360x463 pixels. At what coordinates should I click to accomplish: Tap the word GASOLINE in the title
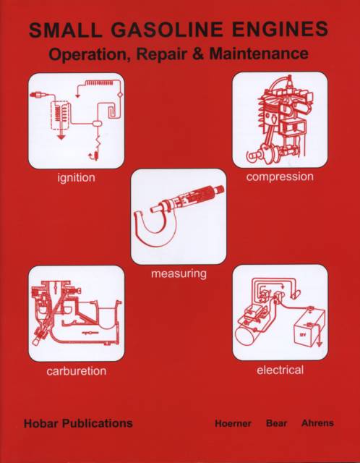(160, 30)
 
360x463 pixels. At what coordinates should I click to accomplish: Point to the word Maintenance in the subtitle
(260, 54)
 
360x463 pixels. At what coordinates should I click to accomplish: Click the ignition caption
(76, 178)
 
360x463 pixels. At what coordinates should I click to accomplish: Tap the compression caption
(280, 177)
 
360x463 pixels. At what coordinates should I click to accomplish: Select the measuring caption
(179, 274)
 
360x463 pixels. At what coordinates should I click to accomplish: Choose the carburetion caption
(76, 370)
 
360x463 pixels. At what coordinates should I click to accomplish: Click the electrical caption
(280, 370)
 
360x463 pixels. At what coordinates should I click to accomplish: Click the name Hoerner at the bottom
(233, 423)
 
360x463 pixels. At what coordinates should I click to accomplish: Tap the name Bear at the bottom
(276, 423)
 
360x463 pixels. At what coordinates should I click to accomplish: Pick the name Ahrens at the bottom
(317, 423)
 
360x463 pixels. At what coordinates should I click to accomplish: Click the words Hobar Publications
(78, 423)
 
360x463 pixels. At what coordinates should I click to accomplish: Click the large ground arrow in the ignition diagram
(61, 137)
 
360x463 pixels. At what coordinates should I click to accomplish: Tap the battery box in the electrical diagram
(309, 330)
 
